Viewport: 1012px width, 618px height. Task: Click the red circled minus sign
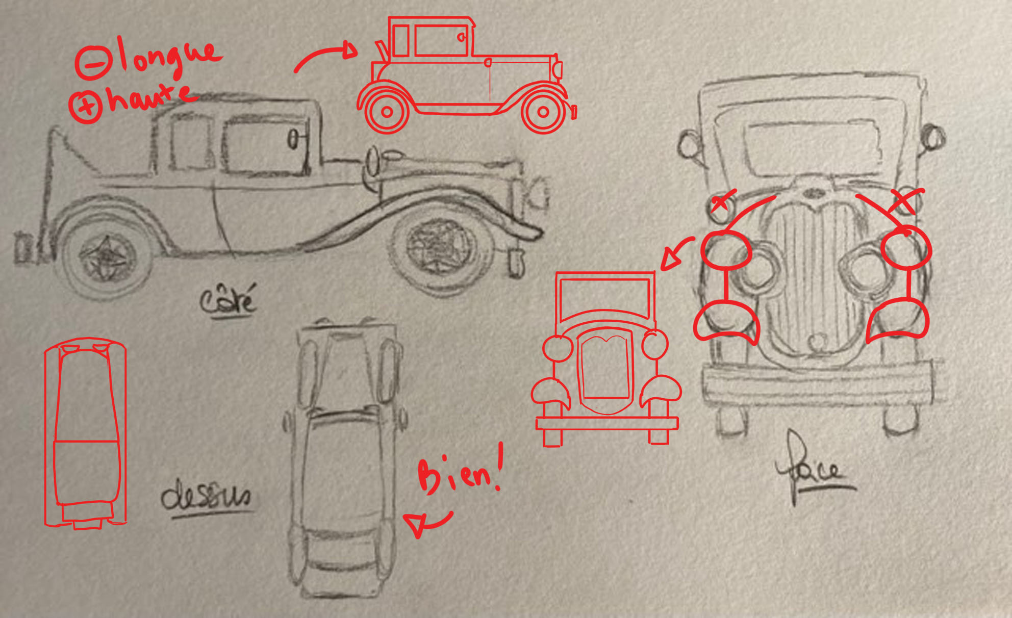tap(93, 63)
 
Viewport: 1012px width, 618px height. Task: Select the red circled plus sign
tap(86, 106)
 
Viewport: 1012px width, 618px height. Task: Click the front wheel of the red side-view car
tap(543, 111)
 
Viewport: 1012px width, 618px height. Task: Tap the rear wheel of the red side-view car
tap(387, 111)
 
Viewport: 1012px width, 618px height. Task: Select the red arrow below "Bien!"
tap(426, 522)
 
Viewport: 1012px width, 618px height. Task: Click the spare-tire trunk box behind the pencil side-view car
tap(22, 247)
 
